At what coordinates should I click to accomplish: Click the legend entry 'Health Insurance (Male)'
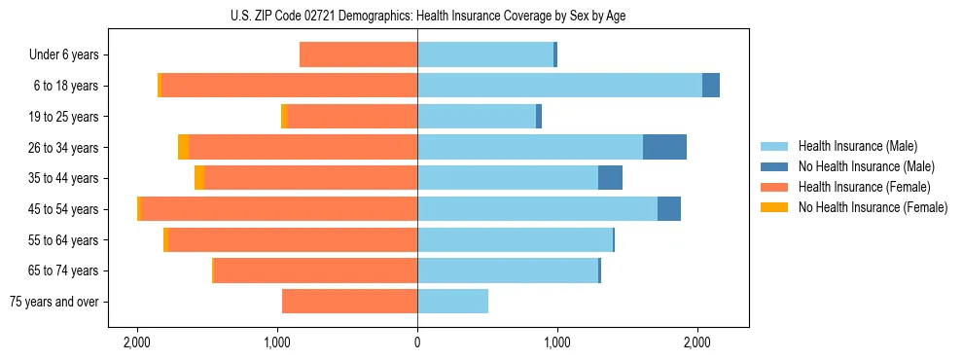857,146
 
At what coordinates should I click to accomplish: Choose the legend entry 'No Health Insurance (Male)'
866,166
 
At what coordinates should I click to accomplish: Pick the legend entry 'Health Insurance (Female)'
864,187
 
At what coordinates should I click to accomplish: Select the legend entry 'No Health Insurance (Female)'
873,207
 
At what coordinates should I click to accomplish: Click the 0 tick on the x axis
417,342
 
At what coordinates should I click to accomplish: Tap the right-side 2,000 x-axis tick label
697,342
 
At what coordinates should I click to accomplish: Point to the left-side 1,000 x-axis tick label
277,342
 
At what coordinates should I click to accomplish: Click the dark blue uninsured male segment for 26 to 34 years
664,147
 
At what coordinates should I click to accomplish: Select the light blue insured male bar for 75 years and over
452,302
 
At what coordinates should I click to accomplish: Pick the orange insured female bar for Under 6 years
358,54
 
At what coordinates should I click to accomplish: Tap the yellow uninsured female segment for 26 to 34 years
183,147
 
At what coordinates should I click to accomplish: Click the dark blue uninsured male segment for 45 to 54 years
669,209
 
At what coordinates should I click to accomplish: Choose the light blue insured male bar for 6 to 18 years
559,86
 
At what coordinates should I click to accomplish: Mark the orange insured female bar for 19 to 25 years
352,117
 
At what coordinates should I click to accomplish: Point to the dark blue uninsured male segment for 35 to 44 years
610,178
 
